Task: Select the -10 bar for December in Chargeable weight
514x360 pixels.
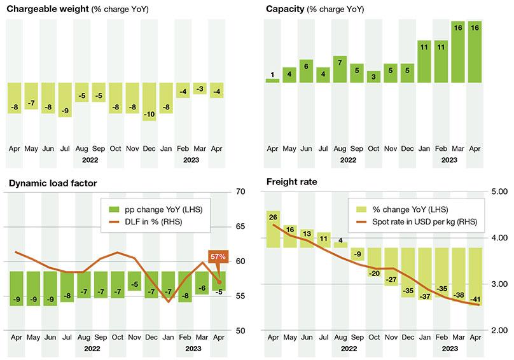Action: pyautogui.click(x=149, y=102)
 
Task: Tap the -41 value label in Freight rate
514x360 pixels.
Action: pyautogui.click(x=473, y=298)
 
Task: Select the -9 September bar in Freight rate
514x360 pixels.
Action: pyautogui.click(x=357, y=254)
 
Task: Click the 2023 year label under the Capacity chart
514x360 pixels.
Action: pyautogui.click(x=449, y=160)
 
